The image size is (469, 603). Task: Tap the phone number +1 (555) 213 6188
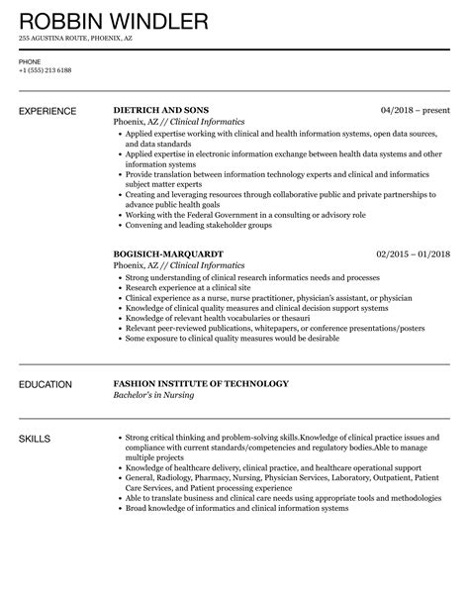44,70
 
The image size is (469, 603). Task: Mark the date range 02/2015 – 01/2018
413,252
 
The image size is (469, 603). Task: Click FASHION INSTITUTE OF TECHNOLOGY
201,383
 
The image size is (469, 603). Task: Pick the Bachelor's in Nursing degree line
159,396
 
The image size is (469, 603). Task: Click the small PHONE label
29,60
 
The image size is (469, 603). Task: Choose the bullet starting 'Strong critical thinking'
257,437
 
